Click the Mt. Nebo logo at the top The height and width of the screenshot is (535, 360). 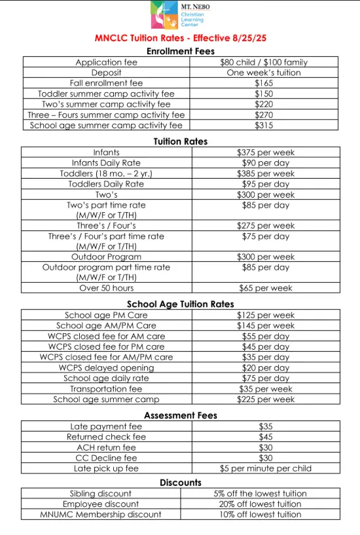pos(179,15)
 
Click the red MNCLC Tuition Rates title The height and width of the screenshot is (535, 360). pos(180,39)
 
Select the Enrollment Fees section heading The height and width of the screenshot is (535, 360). pos(180,51)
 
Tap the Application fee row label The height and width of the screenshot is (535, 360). pos(107,62)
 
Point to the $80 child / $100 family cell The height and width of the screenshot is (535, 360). pos(264,62)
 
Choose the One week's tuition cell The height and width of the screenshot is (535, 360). pos(264,73)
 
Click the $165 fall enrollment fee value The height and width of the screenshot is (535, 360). pos(264,83)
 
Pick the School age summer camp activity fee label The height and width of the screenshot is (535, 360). pos(107,125)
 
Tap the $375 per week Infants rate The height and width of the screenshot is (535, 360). pos(266,153)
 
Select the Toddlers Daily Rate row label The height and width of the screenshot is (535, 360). pos(106,184)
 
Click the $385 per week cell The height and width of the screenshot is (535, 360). pos(266,174)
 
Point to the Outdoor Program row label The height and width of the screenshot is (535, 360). pos(106,257)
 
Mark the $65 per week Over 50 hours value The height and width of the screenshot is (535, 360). pos(266,288)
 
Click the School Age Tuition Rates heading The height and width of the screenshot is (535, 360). pos(180,304)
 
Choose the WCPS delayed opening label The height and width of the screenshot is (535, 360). pos(106,367)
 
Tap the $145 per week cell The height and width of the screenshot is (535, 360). pos(266,325)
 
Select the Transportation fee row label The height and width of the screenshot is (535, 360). pos(106,388)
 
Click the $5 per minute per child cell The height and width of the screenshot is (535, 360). pos(266,468)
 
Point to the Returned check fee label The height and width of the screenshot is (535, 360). pos(106,437)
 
